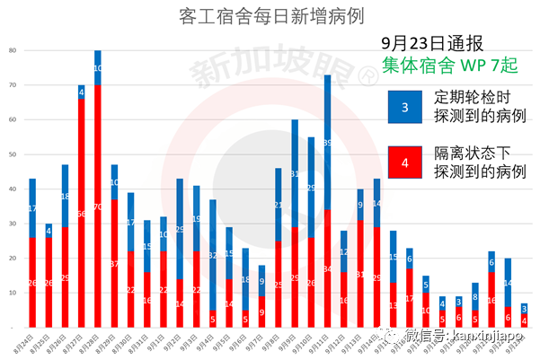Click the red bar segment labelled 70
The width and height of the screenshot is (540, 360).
(x=98, y=206)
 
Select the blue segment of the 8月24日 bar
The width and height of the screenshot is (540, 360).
(x=32, y=208)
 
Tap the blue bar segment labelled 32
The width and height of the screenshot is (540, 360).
(x=213, y=255)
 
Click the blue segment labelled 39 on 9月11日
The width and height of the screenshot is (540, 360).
(x=328, y=142)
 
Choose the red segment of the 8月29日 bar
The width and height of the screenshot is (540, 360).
(x=114, y=263)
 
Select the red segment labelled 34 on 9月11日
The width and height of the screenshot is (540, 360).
(x=328, y=268)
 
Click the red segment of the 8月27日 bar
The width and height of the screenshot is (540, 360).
(x=81, y=213)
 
